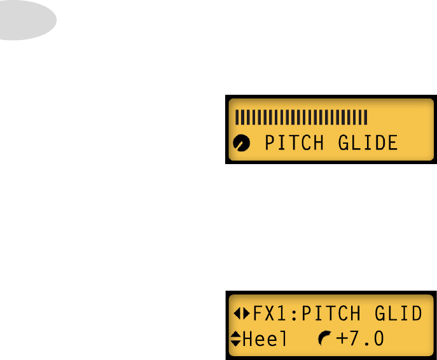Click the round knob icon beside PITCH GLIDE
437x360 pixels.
tap(242, 144)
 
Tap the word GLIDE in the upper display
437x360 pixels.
tap(367, 142)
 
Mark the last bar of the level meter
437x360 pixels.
tap(366, 117)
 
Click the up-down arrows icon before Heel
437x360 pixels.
tap(236, 339)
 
